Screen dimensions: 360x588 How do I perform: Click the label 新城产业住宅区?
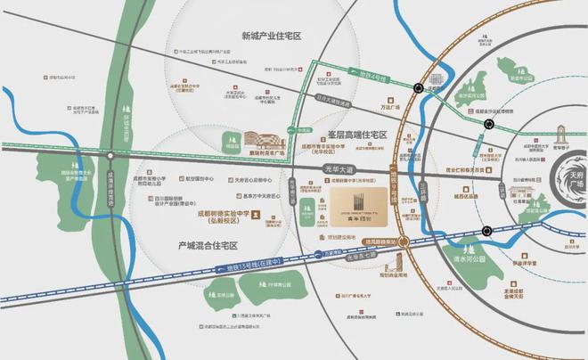pos(272,37)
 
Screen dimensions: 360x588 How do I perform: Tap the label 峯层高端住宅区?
pos(353,135)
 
